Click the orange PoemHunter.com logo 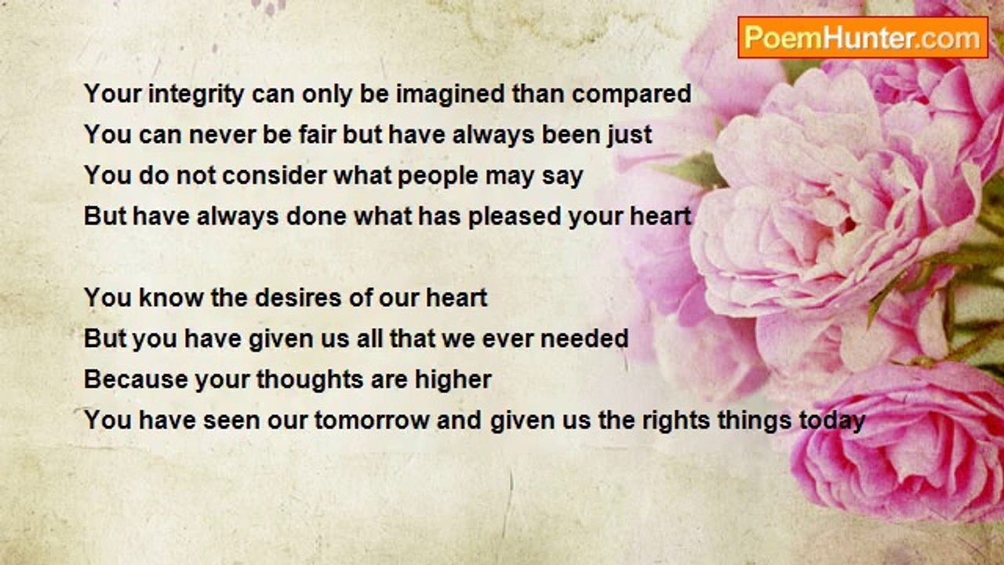[863, 38]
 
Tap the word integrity [196, 95]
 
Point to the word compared [631, 95]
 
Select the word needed [584, 338]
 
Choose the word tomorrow [372, 421]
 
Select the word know [171, 297]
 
